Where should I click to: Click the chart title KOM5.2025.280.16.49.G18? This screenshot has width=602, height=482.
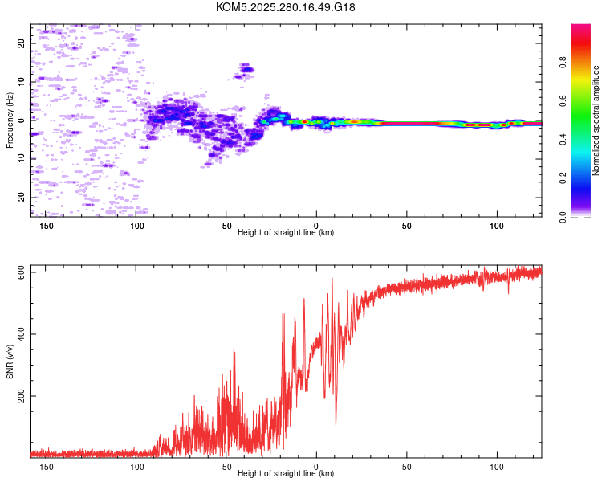point(285,7)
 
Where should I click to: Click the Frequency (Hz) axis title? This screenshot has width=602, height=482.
point(10,120)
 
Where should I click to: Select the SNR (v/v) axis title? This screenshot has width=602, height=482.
point(10,361)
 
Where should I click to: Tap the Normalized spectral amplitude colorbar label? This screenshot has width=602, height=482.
point(596,120)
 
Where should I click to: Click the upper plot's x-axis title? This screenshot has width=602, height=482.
point(286,232)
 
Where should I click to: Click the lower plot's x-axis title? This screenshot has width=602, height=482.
point(286,473)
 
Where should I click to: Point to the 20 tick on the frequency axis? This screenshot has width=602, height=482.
point(21,43)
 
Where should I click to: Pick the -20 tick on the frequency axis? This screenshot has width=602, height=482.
point(21,198)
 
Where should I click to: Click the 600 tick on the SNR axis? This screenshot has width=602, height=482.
point(21,272)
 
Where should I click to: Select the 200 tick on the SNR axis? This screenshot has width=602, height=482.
point(21,396)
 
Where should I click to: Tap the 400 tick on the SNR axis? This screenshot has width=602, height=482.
point(21,334)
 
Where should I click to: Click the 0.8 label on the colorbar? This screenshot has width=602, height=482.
point(563,63)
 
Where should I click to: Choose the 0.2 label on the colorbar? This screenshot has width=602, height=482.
point(563,178)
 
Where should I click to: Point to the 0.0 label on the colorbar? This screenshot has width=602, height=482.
point(563,217)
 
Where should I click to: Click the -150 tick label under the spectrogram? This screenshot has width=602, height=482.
point(45,226)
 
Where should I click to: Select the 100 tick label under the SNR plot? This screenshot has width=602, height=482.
point(497,467)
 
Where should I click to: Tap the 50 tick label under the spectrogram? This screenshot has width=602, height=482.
point(407,226)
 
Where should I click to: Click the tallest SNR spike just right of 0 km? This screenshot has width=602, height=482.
point(332,278)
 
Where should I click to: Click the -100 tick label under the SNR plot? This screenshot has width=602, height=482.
point(135,467)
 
